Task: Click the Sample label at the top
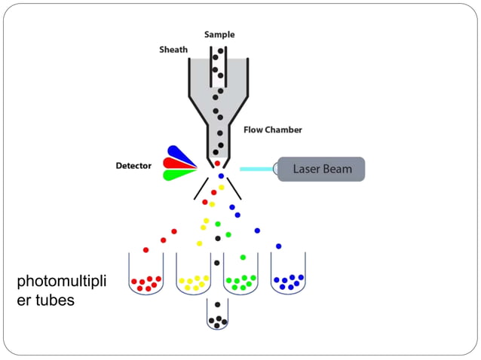tap(219, 35)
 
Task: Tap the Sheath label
tap(173, 50)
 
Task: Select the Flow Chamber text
tap(272, 130)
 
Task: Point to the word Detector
tap(133, 165)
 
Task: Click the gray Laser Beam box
tap(321, 169)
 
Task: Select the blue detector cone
tap(181, 154)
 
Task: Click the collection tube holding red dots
tap(146, 276)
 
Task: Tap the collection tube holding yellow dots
tap(193, 276)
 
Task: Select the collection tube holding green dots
tap(240, 276)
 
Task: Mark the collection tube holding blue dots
tap(288, 276)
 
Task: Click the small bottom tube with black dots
tap(217, 316)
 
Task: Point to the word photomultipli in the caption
tap(61, 282)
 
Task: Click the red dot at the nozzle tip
tap(217, 163)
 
